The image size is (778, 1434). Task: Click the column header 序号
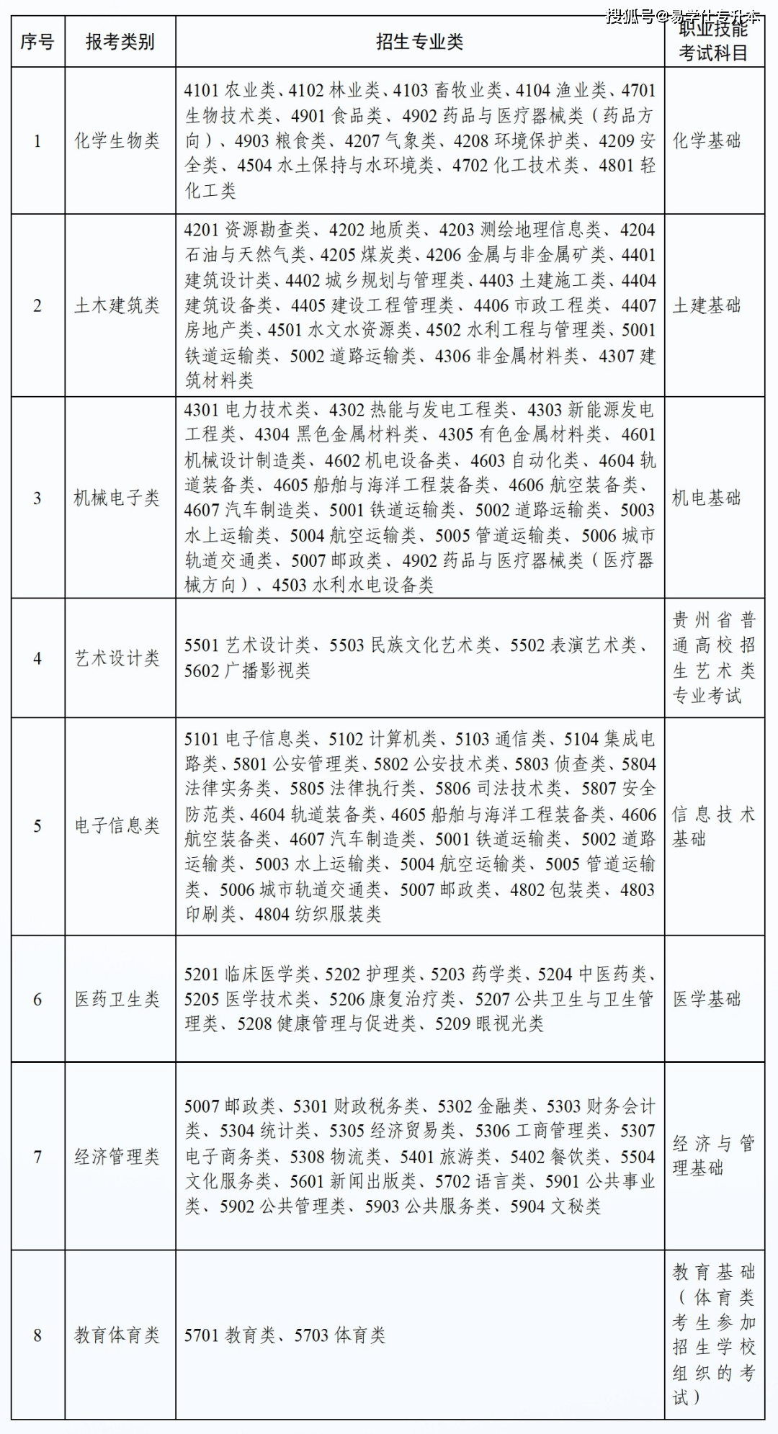pos(37,41)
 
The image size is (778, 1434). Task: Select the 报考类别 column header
pos(120,41)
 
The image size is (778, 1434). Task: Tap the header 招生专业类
pos(419,41)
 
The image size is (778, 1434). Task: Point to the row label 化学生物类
pos(117,140)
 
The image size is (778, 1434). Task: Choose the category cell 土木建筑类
pos(117,305)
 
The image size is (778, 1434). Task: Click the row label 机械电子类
pos(117,498)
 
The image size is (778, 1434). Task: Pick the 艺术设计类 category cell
pos(117,658)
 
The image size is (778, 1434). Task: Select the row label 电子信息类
pos(117,825)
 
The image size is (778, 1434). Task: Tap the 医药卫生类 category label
pos(117,999)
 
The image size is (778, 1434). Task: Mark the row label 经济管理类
pos(117,1157)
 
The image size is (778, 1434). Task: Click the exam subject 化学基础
pos(707,140)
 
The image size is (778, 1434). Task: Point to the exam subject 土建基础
pos(707,305)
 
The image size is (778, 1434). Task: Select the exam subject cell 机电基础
pos(707,498)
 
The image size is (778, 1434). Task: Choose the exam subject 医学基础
pos(707,999)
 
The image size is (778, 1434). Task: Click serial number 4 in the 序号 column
pos(37,658)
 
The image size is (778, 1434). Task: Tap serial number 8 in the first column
pos(37,1335)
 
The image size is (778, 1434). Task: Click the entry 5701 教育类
pos(230,1335)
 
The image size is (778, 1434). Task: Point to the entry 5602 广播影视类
pos(247,671)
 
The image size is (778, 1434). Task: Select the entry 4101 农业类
pos(230,91)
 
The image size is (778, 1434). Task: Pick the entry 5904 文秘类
pos(555,1206)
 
